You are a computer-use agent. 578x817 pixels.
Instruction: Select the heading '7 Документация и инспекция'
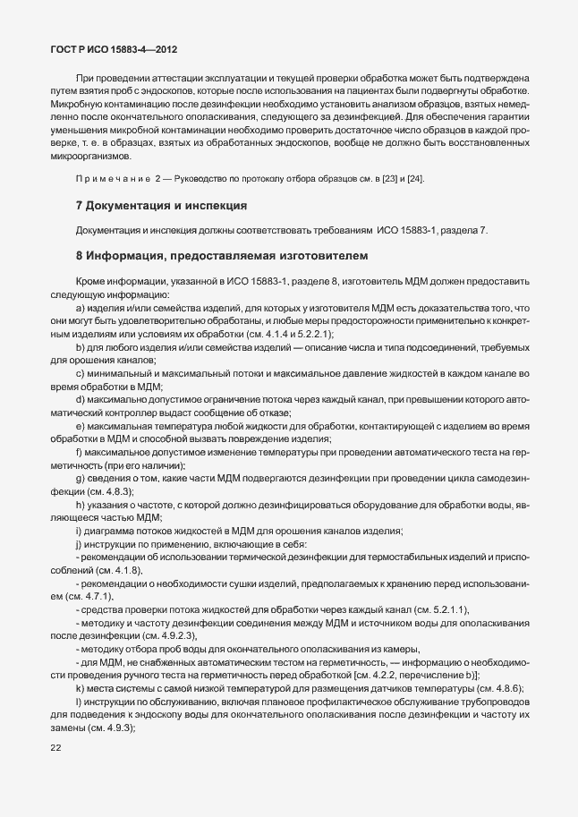(162, 206)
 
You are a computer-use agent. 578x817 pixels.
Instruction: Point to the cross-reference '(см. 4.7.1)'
(88, 595)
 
